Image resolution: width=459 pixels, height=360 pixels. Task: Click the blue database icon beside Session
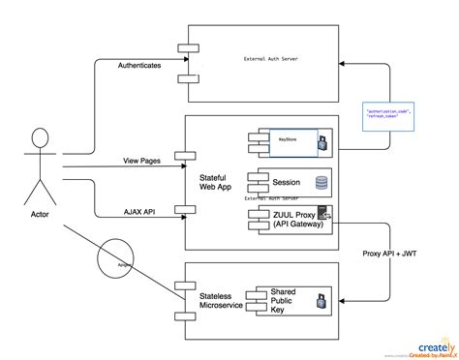(x=320, y=180)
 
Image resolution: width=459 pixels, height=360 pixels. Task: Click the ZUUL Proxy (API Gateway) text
(x=281, y=218)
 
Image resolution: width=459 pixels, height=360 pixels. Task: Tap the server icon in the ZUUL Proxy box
(x=322, y=216)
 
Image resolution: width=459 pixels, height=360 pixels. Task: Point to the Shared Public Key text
(x=283, y=299)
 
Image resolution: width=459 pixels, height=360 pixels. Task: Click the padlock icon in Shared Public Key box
(x=321, y=302)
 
